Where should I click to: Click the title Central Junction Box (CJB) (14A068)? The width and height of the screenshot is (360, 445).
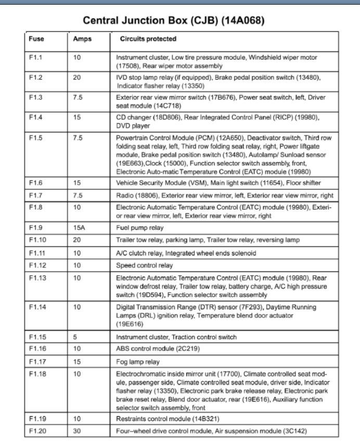(175, 21)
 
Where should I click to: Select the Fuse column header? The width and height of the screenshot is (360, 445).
(36, 39)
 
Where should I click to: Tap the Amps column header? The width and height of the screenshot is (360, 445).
(82, 39)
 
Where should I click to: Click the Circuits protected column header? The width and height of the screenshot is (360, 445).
(148, 39)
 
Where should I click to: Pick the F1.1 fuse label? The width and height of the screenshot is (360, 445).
(35, 57)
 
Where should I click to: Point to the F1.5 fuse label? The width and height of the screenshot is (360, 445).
(35, 138)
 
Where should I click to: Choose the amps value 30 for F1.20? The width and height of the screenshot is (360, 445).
(77, 431)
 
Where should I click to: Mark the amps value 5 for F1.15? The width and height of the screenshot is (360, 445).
(75, 337)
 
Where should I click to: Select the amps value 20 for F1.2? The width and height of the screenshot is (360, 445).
(77, 77)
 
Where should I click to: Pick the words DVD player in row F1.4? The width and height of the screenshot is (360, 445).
(133, 125)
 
